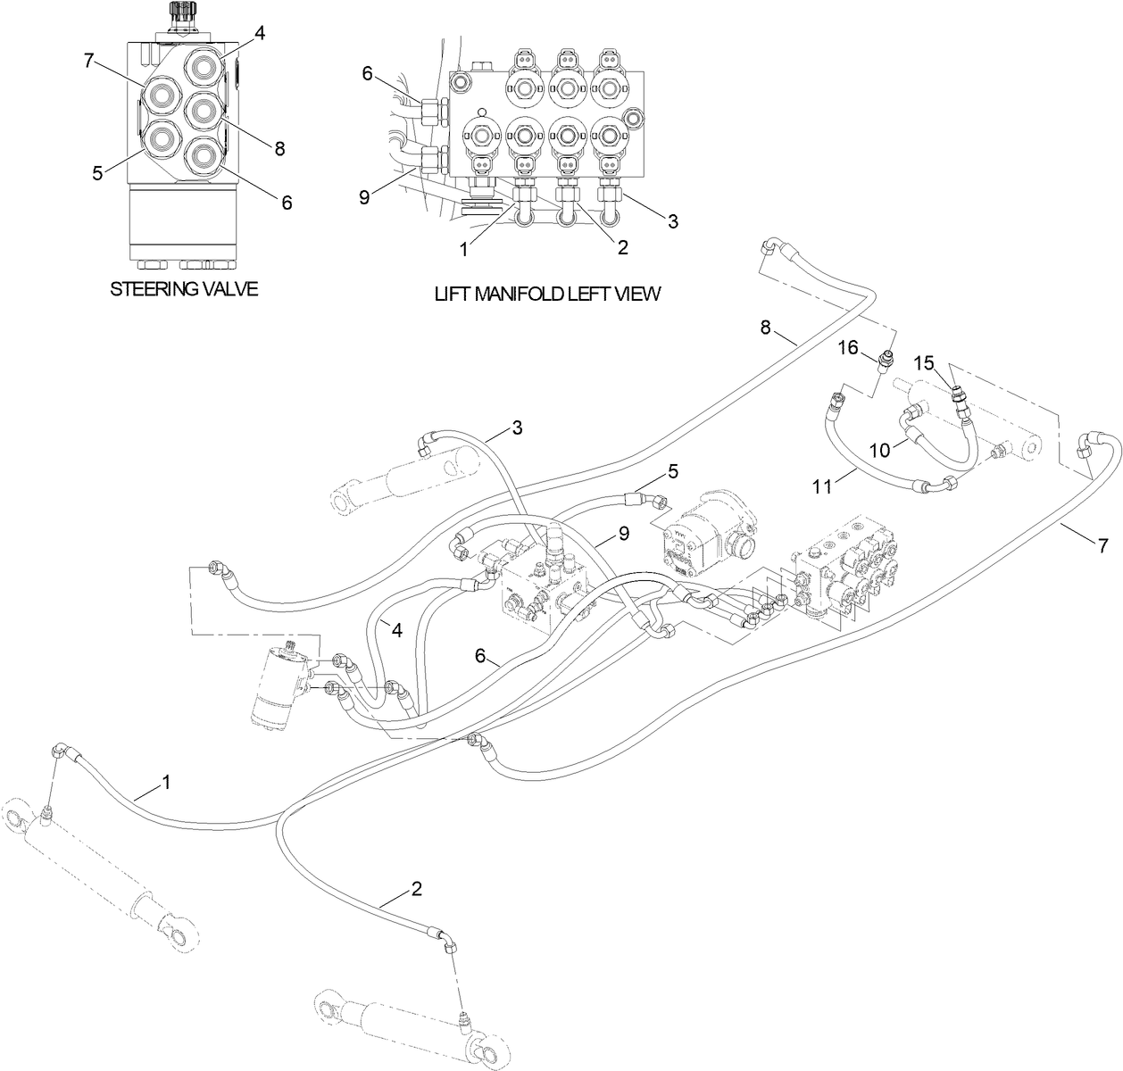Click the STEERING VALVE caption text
(x=184, y=289)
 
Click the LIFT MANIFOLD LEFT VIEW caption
(x=547, y=293)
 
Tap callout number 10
(x=880, y=451)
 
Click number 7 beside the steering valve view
(x=88, y=61)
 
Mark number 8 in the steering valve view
(x=279, y=149)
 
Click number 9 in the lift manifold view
(x=364, y=197)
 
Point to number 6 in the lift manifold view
(x=367, y=74)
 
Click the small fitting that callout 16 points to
(x=886, y=361)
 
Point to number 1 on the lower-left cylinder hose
(x=166, y=783)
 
